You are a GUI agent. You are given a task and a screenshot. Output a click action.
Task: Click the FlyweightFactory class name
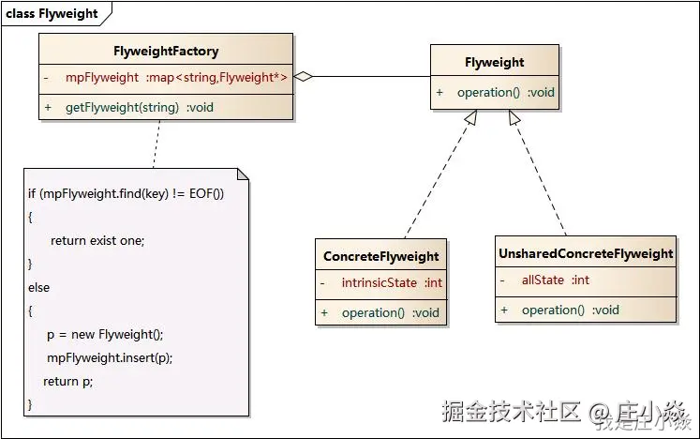point(166,51)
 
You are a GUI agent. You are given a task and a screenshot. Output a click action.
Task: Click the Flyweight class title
point(494,62)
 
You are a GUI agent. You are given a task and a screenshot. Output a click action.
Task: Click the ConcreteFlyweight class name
point(380,256)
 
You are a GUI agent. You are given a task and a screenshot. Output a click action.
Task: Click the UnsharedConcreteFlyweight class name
point(586,253)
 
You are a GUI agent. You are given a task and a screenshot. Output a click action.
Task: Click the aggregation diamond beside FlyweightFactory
point(303,77)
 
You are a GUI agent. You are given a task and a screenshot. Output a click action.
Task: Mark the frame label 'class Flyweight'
point(52,14)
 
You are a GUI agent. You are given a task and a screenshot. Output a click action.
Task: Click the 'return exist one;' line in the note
point(97,240)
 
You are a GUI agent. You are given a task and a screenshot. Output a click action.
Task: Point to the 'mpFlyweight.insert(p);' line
point(110,357)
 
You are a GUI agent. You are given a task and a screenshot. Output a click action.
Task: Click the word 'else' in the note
point(39,287)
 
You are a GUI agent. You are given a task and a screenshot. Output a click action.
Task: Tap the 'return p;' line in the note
point(68,381)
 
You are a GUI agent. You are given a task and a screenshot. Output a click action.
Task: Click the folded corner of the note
point(243,174)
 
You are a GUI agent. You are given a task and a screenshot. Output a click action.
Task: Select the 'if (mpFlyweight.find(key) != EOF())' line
point(126,193)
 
